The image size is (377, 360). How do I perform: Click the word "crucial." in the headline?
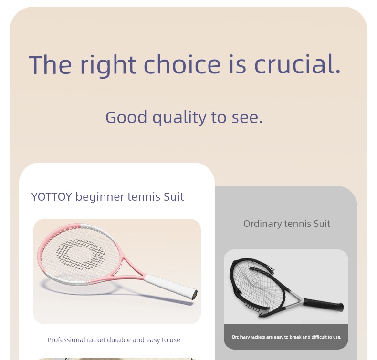point(297,64)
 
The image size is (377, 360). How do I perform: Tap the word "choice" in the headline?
point(182,64)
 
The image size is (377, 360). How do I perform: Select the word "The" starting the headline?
point(50,64)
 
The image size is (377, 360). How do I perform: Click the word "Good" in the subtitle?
point(126,117)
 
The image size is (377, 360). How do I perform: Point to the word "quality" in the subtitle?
point(179,118)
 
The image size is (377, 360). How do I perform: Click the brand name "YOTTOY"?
point(52,197)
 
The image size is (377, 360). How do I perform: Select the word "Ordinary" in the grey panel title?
point(262,224)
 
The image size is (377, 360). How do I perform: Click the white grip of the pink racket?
point(170,287)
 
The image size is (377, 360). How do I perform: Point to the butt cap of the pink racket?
point(195,294)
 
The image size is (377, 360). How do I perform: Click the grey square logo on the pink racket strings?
point(81,254)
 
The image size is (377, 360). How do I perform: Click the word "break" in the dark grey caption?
point(296,337)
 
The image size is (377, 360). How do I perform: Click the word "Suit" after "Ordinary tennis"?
point(322,224)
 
